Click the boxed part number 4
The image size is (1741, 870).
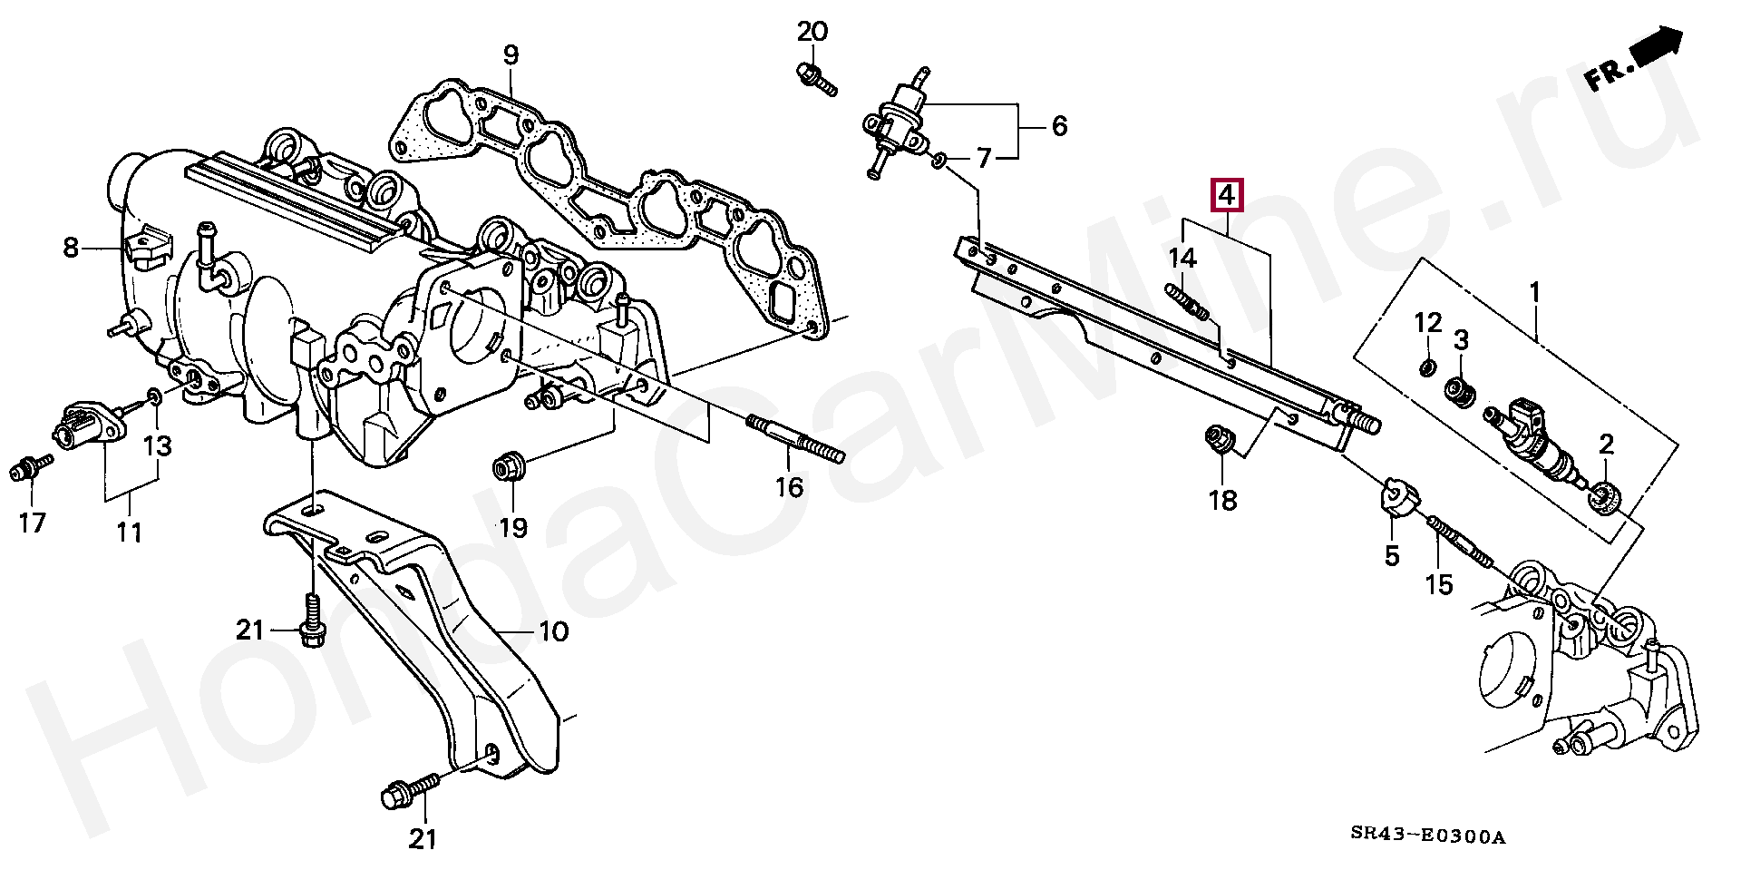click(1225, 195)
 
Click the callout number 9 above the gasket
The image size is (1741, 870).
click(511, 54)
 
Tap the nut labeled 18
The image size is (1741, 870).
click(1215, 439)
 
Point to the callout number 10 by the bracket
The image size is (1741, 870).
click(554, 631)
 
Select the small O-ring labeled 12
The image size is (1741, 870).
click(1426, 367)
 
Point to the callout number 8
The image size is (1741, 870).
click(71, 247)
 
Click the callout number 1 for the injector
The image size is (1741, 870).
click(1534, 292)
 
